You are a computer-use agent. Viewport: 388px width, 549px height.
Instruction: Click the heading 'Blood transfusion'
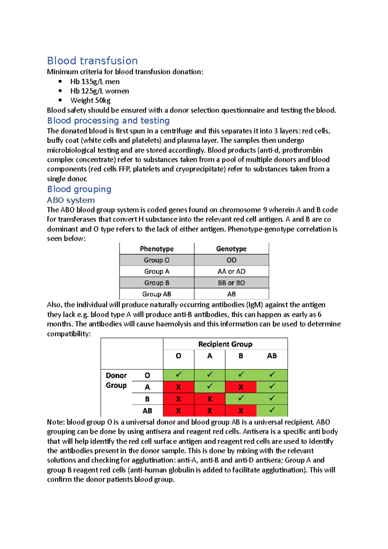pos(92,61)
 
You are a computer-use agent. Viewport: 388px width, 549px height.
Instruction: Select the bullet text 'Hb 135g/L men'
pos(95,81)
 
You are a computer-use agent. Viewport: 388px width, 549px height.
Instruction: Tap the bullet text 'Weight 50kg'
pos(91,101)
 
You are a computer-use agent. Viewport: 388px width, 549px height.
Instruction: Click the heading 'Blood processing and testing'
pos(108,121)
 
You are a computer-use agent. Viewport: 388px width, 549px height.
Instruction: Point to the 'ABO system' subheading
pos(71,200)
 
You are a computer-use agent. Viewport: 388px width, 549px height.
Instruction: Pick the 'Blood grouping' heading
pos(79,189)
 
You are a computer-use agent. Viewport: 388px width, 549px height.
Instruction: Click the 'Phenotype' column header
pos(156,249)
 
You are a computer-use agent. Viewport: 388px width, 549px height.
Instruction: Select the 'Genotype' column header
pos(231,249)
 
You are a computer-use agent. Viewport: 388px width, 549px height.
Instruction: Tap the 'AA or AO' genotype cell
pos(231,271)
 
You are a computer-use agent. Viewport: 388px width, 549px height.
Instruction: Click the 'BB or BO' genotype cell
pos(231,283)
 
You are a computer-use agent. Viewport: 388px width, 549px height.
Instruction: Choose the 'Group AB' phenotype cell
pos(156,294)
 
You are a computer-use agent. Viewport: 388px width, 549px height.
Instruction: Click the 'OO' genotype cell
pos(231,260)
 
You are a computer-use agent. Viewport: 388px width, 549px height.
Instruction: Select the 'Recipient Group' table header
pos(225,344)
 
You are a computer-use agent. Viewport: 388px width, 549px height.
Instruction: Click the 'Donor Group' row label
pos(116,380)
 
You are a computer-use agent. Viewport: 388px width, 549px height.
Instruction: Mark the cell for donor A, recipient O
pos(178,387)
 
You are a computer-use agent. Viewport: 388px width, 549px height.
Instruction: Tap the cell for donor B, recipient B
pos(241,399)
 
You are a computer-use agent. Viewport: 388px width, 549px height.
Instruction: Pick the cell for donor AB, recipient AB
pos(272,411)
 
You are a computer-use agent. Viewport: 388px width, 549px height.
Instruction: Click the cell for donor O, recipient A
pos(210,375)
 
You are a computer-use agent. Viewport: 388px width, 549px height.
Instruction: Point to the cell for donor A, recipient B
pos(241,387)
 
